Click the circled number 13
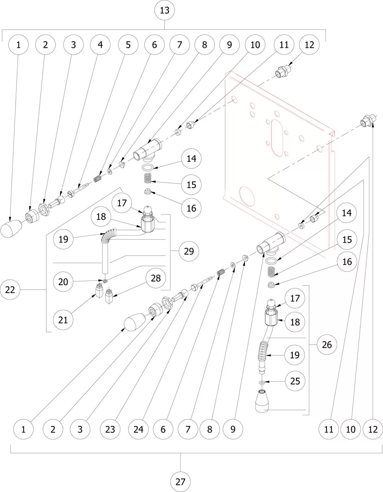[164, 10]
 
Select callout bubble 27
[180, 482]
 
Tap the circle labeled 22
[10, 290]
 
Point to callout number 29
[189, 251]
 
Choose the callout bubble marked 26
[327, 345]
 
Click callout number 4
[100, 45]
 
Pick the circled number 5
[128, 45]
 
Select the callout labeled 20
[63, 282]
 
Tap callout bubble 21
[63, 320]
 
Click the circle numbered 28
[156, 278]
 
